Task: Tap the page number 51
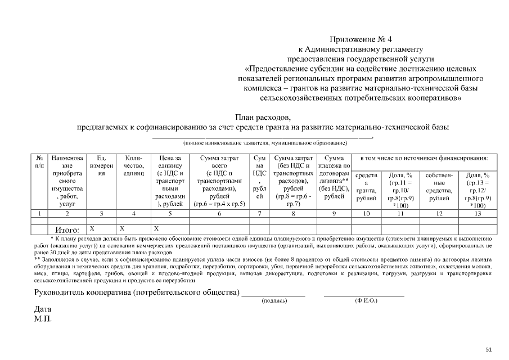pos(489,349)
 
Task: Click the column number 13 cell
pos(478,213)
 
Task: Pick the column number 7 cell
pos(259,213)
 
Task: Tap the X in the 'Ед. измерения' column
pos(92,228)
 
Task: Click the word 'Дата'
pos(43,309)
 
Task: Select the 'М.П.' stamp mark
pos(43,319)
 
